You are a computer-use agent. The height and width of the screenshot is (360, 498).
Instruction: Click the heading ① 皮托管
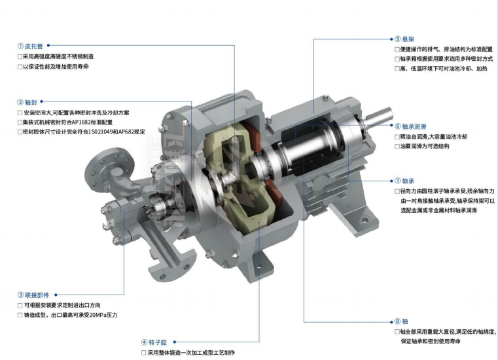[x=30, y=46]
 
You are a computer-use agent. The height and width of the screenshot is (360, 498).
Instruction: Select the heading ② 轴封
[x=27, y=102]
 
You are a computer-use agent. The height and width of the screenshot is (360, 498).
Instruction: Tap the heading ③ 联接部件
[x=33, y=295]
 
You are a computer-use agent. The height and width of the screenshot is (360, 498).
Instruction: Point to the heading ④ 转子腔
[x=154, y=342]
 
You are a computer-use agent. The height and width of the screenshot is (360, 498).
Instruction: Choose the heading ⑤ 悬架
[x=404, y=39]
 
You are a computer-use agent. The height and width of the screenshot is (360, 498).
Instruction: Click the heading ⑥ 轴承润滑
[x=410, y=126]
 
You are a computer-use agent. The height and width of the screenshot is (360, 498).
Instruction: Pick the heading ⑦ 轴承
[x=404, y=181]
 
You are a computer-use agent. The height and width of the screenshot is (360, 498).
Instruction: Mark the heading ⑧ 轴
[x=401, y=321]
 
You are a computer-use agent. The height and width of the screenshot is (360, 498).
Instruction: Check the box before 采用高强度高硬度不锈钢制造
[x=20, y=57]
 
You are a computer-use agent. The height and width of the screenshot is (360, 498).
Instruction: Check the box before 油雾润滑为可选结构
[x=397, y=147]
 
